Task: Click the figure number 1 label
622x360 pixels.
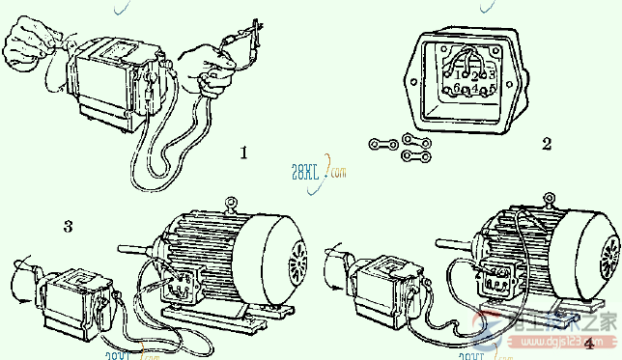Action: (x=244, y=152)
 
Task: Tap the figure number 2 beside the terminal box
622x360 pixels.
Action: (x=546, y=144)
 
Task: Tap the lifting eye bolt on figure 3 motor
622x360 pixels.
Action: (x=231, y=203)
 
